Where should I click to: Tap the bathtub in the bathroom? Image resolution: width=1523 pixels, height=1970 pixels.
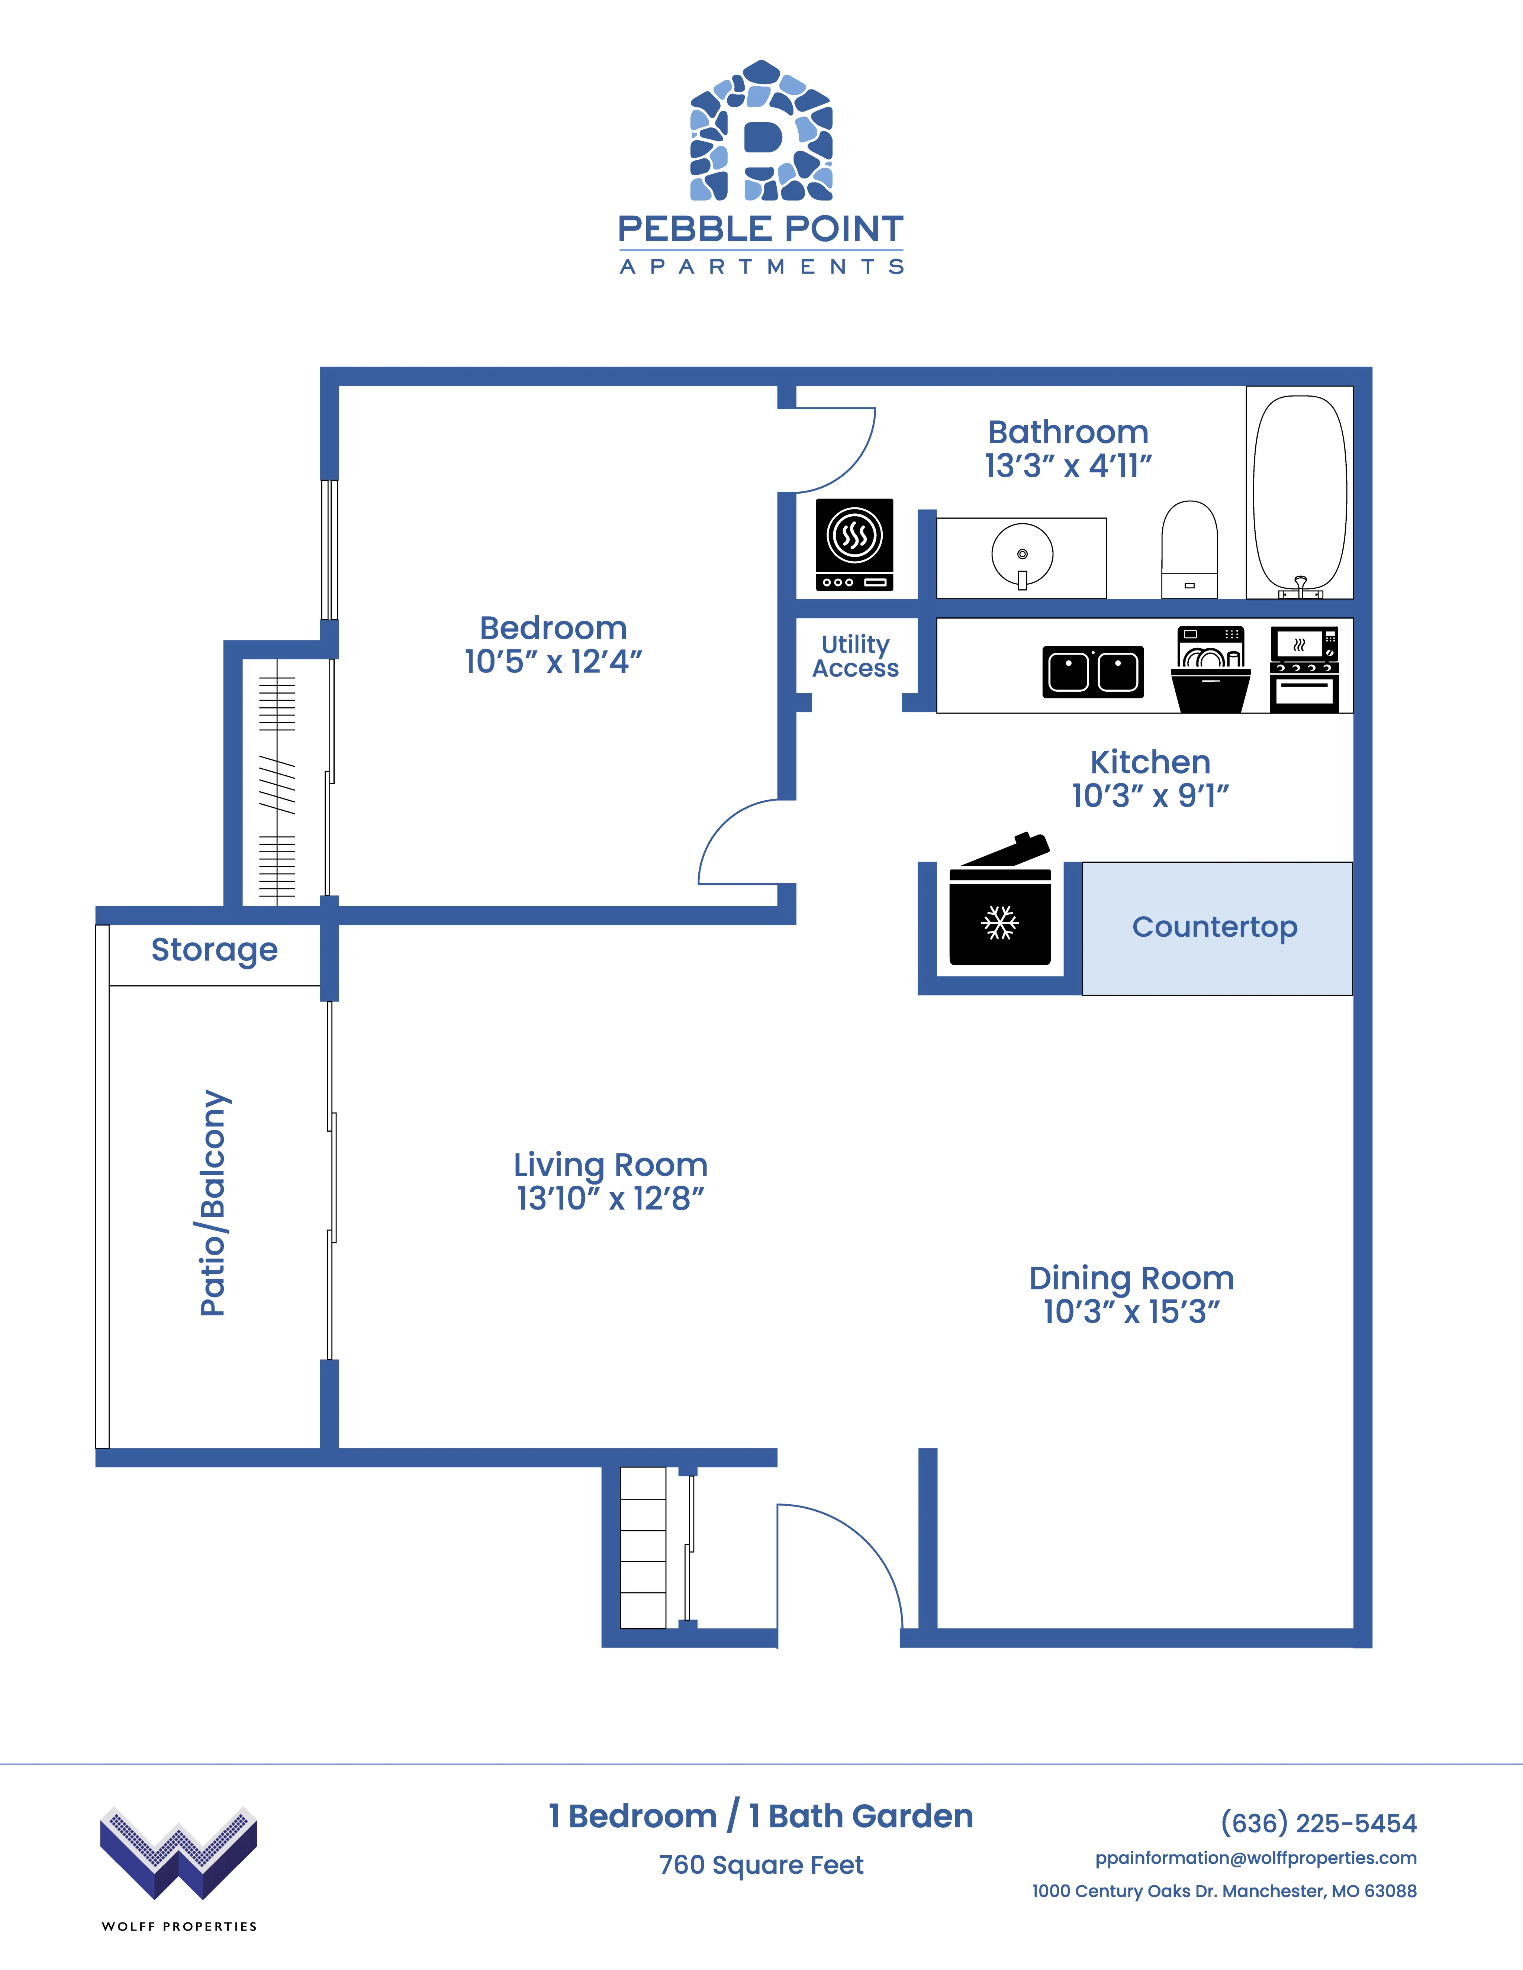click(x=1300, y=492)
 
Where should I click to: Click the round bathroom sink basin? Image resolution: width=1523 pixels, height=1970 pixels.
click(x=1022, y=555)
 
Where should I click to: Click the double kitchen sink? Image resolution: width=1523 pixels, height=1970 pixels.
click(x=1093, y=672)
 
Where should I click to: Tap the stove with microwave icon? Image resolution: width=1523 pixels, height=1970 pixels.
click(x=1305, y=669)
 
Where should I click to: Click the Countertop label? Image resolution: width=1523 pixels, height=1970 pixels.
click(x=1214, y=927)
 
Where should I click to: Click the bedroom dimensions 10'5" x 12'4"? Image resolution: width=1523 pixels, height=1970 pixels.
click(x=553, y=661)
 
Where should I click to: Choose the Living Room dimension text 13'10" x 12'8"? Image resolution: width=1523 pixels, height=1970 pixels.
click(x=610, y=1199)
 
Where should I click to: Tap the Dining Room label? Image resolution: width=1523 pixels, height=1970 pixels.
click(x=1131, y=1278)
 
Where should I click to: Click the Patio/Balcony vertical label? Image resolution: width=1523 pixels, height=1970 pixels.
click(x=214, y=1203)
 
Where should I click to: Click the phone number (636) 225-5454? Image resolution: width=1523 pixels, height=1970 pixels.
click(x=1318, y=1823)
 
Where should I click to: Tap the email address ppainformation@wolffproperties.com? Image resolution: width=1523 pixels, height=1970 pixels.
click(x=1256, y=1858)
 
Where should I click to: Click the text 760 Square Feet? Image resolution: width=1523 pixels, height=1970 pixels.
click(x=761, y=1865)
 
